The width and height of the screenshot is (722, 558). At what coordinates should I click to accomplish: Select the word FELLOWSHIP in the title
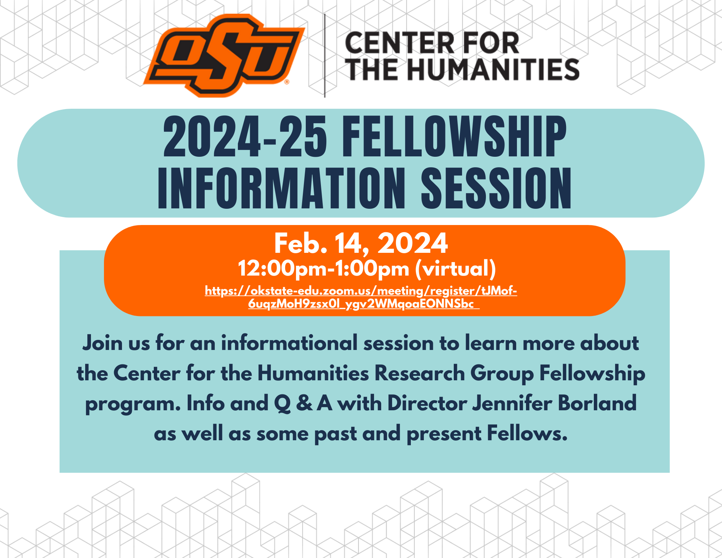(454, 137)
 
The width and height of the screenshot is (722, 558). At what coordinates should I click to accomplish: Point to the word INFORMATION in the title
(282, 189)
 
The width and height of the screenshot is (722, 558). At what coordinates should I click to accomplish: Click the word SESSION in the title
(496, 189)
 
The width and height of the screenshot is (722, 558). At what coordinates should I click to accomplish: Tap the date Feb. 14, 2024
(361, 243)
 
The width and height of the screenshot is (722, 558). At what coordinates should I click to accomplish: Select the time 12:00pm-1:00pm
(323, 269)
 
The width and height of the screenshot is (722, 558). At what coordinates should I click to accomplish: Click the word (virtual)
(456, 269)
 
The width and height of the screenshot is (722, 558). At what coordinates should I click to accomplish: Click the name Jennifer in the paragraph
(512, 403)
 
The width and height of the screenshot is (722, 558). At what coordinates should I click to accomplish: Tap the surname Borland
(597, 403)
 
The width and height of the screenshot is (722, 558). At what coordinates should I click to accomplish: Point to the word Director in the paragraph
(427, 403)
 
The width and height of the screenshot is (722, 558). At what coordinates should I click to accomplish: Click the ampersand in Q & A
(304, 403)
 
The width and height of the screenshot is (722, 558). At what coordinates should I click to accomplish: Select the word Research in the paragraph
(420, 373)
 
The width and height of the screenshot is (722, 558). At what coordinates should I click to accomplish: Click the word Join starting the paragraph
(102, 343)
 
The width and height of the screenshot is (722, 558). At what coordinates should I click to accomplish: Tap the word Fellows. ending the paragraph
(527, 433)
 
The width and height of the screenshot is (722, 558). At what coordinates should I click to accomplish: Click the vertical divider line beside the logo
(325, 56)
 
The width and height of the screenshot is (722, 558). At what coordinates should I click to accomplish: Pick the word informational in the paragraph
(289, 343)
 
